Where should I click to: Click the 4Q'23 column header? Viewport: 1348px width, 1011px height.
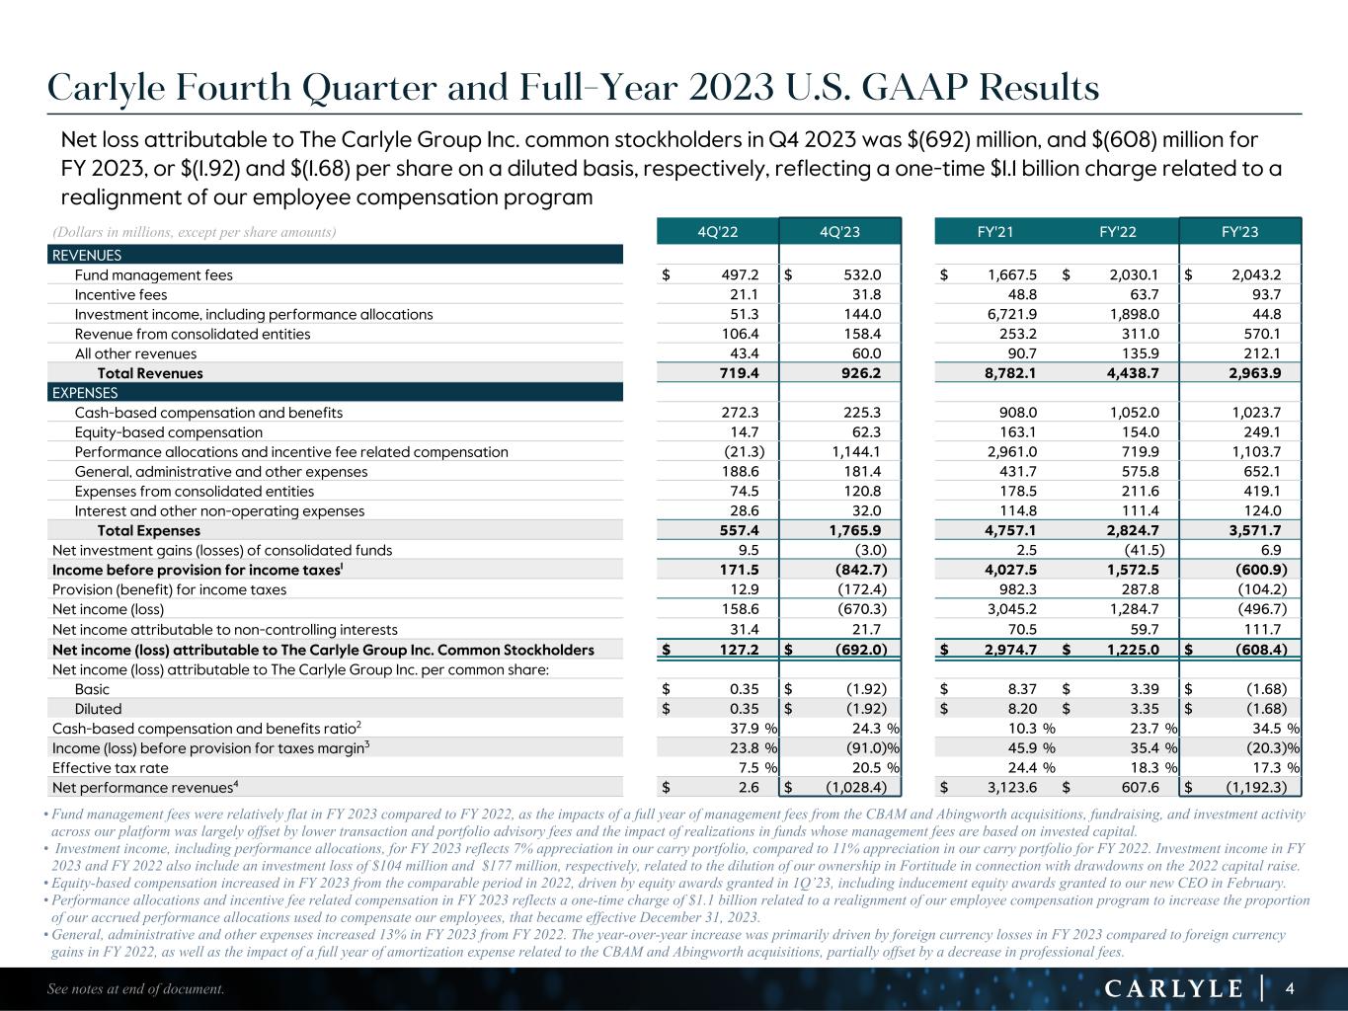click(x=840, y=232)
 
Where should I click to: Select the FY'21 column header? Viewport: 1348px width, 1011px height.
click(x=993, y=232)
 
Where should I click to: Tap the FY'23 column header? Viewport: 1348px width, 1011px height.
click(x=1240, y=232)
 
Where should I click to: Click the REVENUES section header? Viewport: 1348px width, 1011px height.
click(x=87, y=256)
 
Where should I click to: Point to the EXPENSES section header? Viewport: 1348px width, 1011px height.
click(x=85, y=393)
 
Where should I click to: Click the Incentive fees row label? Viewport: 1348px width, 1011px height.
click(x=120, y=294)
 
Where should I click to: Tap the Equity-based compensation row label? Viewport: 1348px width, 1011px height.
click(x=169, y=432)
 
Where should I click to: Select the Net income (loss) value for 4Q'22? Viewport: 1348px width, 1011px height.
click(x=740, y=609)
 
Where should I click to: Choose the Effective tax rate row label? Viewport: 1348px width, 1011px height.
click(x=111, y=767)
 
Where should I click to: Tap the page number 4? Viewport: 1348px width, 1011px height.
click(x=1289, y=988)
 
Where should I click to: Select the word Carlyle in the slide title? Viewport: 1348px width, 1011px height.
click(x=106, y=90)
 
